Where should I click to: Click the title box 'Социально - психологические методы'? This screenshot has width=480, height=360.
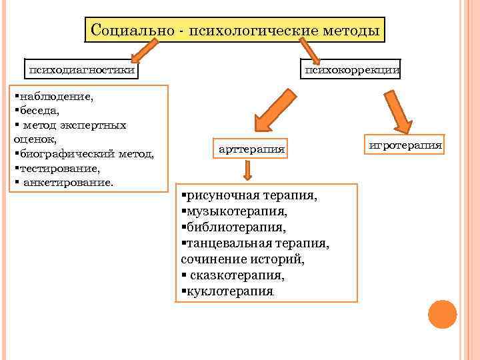point(235,30)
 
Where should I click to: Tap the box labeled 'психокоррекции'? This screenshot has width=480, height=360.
point(352,69)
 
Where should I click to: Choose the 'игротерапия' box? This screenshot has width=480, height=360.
point(405,144)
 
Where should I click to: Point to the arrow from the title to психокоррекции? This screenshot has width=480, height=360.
point(309,51)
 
